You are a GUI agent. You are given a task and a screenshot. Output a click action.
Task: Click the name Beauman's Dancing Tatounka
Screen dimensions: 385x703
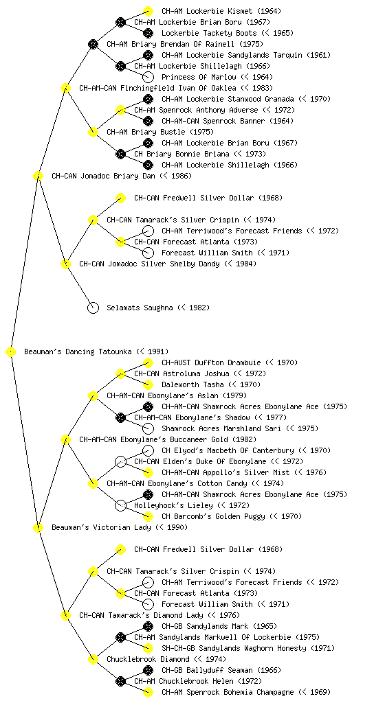pos(78,351)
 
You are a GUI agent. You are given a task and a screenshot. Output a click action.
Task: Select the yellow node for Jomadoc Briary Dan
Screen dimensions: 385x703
pos(38,176)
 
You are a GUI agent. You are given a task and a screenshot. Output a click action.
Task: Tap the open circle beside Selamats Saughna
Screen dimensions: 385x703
pos(93,308)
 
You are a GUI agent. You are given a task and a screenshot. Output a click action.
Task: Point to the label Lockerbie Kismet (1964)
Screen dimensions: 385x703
pos(221,11)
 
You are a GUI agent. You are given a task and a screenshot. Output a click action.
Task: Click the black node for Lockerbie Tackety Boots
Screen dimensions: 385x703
pos(148,33)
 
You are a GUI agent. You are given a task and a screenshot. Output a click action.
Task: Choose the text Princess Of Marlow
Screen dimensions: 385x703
pos(199,77)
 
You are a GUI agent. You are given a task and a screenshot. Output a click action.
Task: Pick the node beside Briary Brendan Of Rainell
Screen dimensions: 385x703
pos(93,44)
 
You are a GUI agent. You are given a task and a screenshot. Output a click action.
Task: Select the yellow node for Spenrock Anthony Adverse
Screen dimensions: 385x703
pos(120,110)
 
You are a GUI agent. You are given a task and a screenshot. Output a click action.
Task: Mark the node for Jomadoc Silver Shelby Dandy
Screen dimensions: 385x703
pos(65,264)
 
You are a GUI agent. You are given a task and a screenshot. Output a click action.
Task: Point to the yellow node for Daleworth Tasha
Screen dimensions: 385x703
pos(148,384)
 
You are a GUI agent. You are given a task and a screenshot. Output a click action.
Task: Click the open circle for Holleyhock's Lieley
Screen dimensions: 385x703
pos(120,505)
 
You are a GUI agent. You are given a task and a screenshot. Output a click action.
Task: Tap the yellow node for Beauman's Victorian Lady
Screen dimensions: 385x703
pos(38,527)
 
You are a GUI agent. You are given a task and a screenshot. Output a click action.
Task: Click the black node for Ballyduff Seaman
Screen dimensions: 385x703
pos(148,670)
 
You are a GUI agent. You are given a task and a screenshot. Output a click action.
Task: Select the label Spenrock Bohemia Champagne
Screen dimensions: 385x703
pos(238,692)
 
